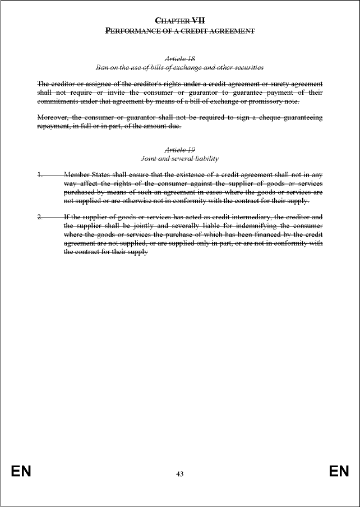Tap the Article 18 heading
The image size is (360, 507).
[x=179, y=58]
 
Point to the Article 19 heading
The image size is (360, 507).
[x=179, y=150]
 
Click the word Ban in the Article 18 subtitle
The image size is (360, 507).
[x=101, y=67]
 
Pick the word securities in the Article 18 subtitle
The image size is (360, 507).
[x=250, y=67]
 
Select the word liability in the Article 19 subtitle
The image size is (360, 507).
[x=205, y=159]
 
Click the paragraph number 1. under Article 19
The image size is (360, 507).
[x=40, y=175]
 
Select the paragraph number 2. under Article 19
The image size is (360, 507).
[x=40, y=216]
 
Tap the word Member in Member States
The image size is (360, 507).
[x=77, y=175]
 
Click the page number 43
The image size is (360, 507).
[x=179, y=474]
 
